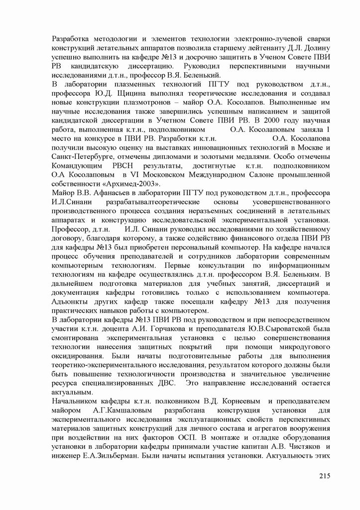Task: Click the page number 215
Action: point(325,477)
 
